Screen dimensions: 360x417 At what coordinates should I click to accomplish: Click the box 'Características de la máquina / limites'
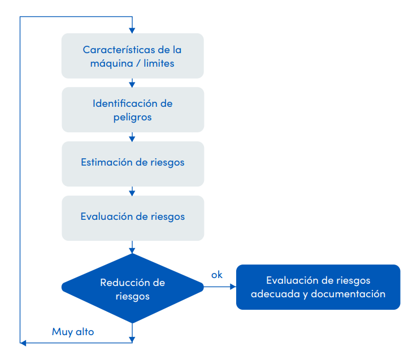[x=132, y=55]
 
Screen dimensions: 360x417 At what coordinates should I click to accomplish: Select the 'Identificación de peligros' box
[x=132, y=110]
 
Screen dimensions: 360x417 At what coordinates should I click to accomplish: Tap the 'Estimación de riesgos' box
[x=132, y=163]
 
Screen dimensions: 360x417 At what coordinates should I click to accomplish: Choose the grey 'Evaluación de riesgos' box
[x=132, y=217]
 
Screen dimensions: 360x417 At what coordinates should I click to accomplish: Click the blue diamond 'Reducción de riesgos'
[x=132, y=288]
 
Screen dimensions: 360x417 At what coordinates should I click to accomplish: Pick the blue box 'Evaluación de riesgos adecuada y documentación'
[x=318, y=287]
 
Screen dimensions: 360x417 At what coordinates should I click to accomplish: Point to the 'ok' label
[x=217, y=275]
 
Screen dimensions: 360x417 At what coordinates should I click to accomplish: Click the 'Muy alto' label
[x=73, y=332]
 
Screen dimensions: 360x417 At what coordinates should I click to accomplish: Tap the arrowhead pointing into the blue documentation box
[x=233, y=287]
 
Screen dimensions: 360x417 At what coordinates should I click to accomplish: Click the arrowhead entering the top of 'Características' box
[x=132, y=30]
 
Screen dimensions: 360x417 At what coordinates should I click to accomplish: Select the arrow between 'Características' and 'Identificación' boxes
[x=132, y=83]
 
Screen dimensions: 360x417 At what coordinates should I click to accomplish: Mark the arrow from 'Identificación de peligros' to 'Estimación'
[x=132, y=137]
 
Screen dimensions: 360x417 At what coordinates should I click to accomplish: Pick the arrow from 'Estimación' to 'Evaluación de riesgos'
[x=132, y=191]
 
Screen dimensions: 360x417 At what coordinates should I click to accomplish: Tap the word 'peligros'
[x=132, y=117]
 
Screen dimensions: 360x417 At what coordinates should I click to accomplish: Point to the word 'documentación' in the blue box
[x=348, y=294]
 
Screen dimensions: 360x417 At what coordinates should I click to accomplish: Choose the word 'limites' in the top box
[x=159, y=63]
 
